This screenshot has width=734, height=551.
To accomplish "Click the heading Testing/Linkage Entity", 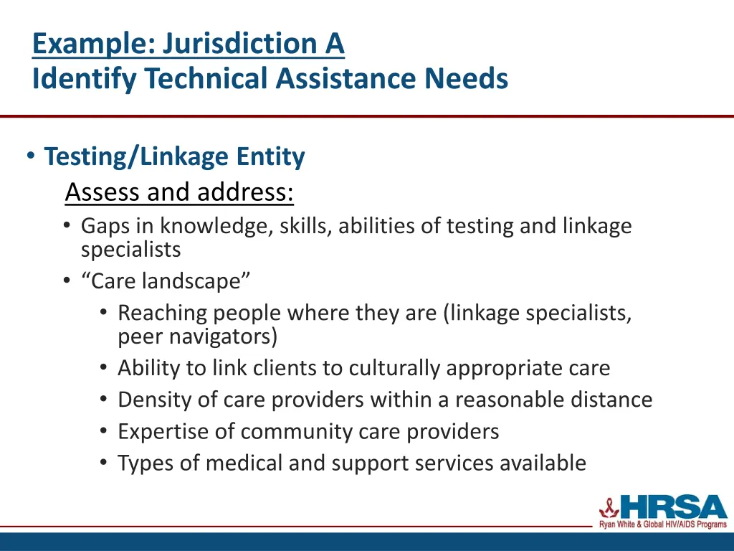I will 174,156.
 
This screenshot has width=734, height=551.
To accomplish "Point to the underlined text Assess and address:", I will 179,192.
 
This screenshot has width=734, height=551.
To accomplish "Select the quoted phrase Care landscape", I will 166,281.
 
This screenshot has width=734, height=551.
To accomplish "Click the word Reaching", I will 164,314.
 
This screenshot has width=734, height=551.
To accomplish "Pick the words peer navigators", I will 197,336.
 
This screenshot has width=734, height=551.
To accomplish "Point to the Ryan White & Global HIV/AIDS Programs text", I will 663,525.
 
